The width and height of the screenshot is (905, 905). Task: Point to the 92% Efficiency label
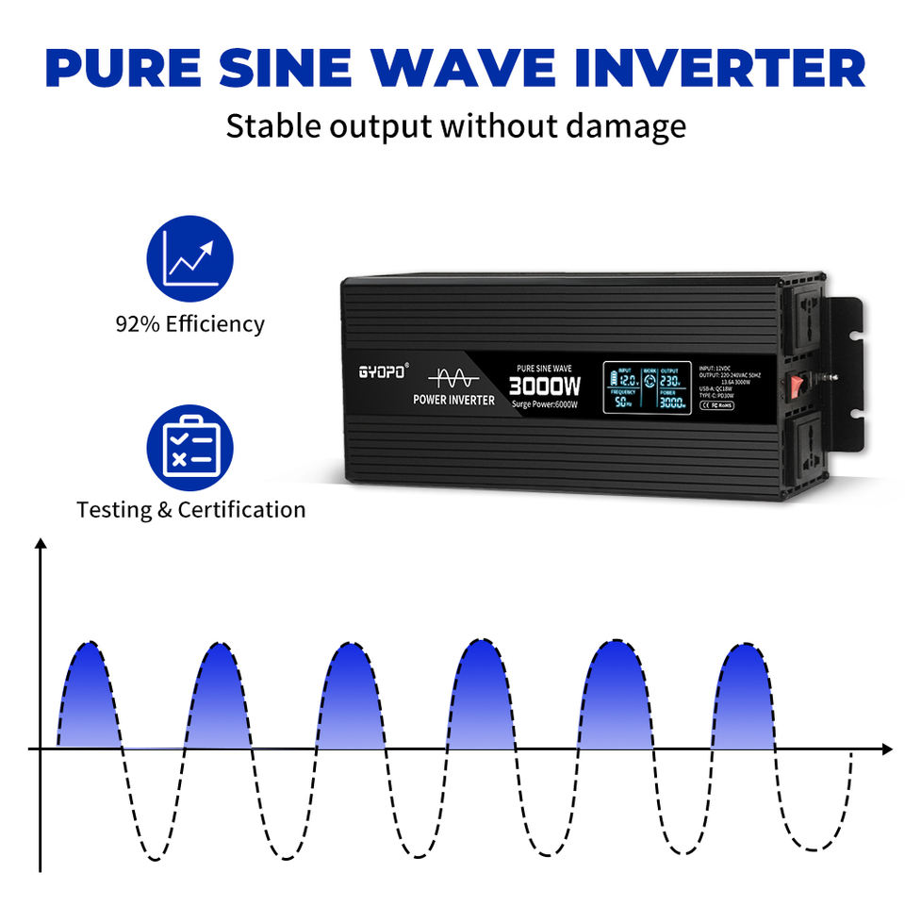[189, 324]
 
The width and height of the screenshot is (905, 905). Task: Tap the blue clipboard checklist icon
[189, 447]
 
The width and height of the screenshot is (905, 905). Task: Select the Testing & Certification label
[191, 510]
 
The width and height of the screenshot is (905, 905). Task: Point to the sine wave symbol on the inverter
[453, 377]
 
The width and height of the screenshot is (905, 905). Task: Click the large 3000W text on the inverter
[545, 386]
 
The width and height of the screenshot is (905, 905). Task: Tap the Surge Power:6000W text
[545, 404]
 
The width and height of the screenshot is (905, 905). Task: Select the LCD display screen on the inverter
[645, 387]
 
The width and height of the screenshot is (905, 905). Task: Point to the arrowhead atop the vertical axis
[41, 545]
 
